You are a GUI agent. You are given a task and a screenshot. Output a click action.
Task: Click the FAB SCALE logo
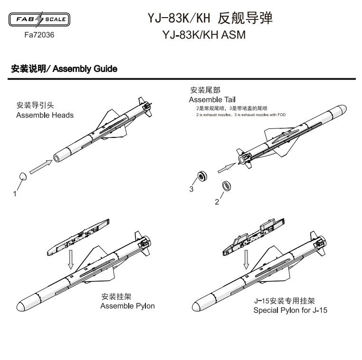(x=39, y=19)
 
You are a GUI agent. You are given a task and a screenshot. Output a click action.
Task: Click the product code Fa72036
(x=39, y=35)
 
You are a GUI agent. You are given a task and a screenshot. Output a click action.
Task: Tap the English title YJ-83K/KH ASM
(x=204, y=35)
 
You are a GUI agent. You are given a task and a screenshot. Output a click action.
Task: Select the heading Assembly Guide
(x=85, y=69)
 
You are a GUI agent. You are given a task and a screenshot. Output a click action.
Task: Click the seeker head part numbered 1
(x=23, y=176)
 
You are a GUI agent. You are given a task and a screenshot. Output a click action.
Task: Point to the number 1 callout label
(x=15, y=194)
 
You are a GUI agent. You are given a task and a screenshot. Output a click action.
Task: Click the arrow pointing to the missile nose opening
(x=41, y=167)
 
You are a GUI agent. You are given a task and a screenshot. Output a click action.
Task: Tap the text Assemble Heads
(x=45, y=115)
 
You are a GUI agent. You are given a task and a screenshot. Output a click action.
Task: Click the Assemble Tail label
(x=212, y=99)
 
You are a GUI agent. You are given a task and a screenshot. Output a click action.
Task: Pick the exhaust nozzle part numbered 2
(x=227, y=186)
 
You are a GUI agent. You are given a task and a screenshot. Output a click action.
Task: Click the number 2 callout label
(x=217, y=202)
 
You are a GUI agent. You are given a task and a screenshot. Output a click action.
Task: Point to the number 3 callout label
(x=191, y=189)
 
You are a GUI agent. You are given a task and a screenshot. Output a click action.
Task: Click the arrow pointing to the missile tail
(x=227, y=168)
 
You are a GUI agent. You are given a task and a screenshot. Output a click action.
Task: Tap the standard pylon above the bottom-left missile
(x=78, y=237)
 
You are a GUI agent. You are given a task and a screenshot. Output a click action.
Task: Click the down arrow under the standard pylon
(x=71, y=260)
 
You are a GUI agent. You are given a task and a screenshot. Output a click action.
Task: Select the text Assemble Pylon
(x=127, y=306)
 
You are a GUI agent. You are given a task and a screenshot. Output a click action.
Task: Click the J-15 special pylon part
(x=253, y=236)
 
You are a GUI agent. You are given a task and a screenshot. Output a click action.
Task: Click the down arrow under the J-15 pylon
(x=247, y=260)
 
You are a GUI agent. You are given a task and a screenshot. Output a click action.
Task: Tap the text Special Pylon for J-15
(x=290, y=310)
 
